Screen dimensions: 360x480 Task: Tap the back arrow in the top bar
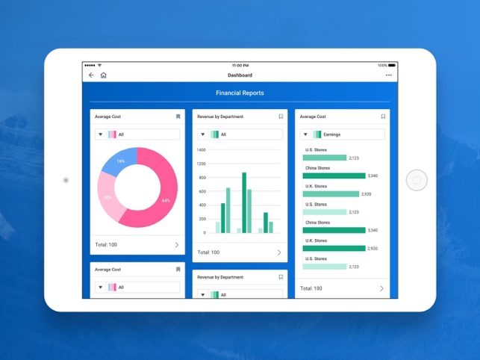(x=92, y=75)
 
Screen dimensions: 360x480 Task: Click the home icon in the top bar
(x=103, y=75)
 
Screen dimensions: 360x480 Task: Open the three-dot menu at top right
(x=388, y=75)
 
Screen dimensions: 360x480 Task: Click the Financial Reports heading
(x=240, y=93)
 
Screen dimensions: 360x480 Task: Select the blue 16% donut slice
(x=116, y=161)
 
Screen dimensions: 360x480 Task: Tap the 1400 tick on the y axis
(x=201, y=150)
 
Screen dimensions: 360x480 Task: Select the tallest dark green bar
(x=244, y=202)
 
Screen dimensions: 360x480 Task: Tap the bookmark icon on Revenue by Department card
(x=281, y=117)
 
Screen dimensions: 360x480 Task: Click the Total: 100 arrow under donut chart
(x=177, y=245)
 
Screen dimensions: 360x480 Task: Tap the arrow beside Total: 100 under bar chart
(x=279, y=252)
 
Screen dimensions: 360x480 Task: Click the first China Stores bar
(x=334, y=176)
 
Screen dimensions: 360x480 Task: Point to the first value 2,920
(x=366, y=194)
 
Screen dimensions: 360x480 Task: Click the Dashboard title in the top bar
(x=240, y=75)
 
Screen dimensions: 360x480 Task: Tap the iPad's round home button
(x=417, y=180)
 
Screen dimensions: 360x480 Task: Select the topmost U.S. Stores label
(x=316, y=150)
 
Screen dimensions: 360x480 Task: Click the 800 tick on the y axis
(x=202, y=191)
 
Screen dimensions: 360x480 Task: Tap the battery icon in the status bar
(x=393, y=66)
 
